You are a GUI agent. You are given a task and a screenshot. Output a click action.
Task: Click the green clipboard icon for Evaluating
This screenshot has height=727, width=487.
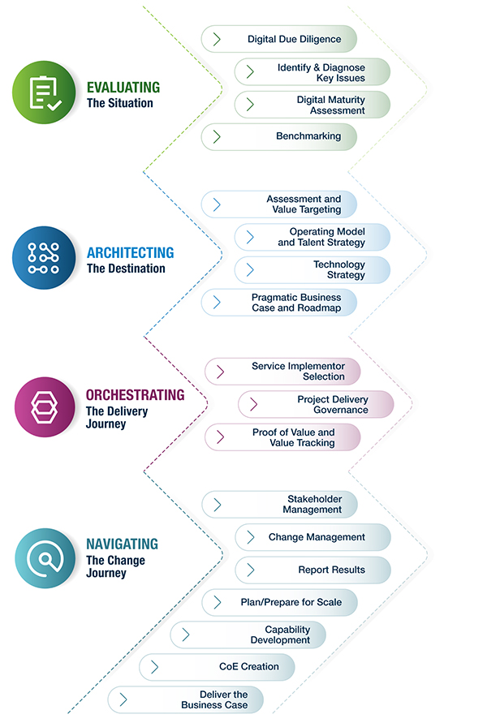pos(44,92)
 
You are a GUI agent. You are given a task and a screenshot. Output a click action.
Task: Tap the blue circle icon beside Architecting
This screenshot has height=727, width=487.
pos(44,258)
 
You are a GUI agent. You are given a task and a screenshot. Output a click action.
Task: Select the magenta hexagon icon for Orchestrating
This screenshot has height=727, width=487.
pos(45,407)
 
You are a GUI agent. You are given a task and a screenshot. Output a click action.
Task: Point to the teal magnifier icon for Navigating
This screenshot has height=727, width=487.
pos(45,558)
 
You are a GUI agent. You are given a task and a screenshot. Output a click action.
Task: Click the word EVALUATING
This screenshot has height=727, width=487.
pos(123,87)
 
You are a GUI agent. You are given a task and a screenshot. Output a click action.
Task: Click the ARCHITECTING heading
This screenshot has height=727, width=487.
pos(131,252)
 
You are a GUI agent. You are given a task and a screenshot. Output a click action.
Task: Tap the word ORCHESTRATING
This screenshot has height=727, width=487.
pos(135,394)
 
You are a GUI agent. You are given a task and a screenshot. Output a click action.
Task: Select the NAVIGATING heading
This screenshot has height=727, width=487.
pos(122,544)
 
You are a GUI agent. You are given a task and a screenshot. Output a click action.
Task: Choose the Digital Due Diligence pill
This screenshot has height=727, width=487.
pos(278,39)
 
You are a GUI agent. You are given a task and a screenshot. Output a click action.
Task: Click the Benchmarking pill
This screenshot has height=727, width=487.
pos(278,136)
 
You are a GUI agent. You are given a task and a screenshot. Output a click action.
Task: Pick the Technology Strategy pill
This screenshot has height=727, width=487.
pos(312,270)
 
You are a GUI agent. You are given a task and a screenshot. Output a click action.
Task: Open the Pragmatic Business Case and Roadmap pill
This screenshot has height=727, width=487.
pos(278,303)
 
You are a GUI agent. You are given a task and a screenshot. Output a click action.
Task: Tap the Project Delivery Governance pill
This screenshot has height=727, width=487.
pos(316,404)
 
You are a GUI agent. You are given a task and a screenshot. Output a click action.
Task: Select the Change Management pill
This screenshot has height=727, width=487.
pos(313,537)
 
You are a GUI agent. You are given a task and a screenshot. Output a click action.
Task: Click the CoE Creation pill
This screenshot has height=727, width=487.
pos(217,667)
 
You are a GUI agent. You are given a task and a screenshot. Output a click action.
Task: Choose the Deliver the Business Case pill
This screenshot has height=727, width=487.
pos(186,699)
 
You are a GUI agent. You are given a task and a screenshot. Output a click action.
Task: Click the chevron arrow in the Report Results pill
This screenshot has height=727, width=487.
pos(251,570)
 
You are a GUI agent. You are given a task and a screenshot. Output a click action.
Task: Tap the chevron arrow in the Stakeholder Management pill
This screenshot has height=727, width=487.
pos(217,505)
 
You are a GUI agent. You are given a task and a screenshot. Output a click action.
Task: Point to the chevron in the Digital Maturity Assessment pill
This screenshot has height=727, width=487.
pos(250,105)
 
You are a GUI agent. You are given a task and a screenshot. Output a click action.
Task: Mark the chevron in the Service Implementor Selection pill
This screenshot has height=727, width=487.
pos(220,372)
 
